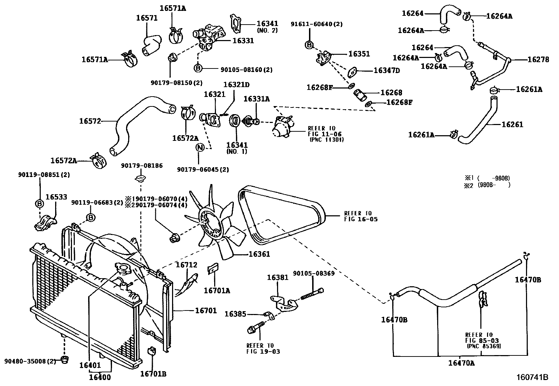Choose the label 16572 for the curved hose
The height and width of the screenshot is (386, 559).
[90, 121]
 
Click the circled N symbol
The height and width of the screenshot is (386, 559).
[199, 148]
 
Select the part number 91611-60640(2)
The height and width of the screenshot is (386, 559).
[316, 24]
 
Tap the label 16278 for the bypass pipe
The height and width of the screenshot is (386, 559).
[538, 60]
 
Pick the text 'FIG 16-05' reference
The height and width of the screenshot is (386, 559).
[358, 219]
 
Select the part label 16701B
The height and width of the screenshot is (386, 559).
[153, 374]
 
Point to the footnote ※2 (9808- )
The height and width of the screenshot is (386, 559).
[487, 185]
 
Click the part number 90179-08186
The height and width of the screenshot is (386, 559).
[142, 165]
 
